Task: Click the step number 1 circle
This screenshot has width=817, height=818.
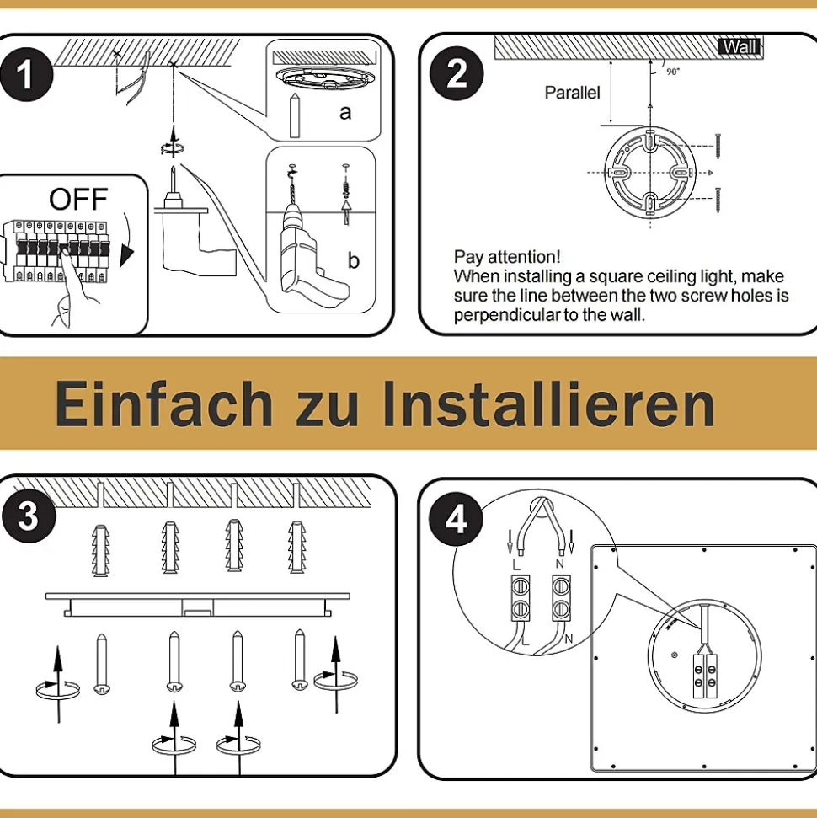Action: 26,74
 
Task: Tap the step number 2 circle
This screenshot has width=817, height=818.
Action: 457,73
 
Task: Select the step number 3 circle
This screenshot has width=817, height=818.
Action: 29,516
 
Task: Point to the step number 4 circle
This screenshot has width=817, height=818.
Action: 456,519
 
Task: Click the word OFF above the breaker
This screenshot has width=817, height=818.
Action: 78,199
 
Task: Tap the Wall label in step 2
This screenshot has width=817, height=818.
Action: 740,47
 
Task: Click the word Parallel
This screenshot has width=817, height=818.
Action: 572,93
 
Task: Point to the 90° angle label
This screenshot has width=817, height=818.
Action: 673,72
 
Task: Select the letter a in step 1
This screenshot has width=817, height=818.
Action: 345,112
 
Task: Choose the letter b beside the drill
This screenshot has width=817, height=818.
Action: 353,259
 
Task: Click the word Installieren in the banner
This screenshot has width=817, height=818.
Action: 547,404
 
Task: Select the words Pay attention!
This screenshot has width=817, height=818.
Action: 507,257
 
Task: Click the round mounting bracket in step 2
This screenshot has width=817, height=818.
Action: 650,173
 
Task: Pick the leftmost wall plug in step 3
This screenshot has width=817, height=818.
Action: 101,550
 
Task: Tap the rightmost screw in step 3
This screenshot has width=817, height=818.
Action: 300,660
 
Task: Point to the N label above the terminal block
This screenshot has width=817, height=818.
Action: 560,564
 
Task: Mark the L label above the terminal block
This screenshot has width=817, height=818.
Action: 516,565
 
